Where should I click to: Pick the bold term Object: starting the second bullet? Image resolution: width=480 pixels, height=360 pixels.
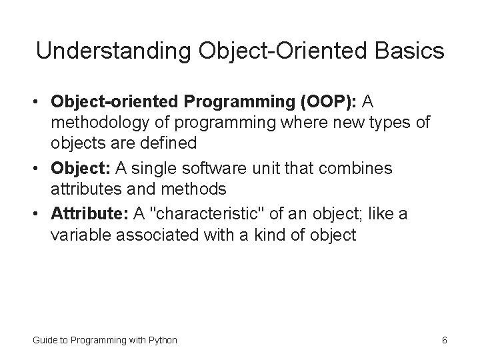(x=79, y=169)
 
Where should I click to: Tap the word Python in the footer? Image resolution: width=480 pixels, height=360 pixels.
(x=163, y=341)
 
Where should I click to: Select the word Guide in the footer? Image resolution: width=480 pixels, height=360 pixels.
(x=45, y=341)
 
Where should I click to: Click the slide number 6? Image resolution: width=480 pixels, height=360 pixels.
(x=444, y=341)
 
